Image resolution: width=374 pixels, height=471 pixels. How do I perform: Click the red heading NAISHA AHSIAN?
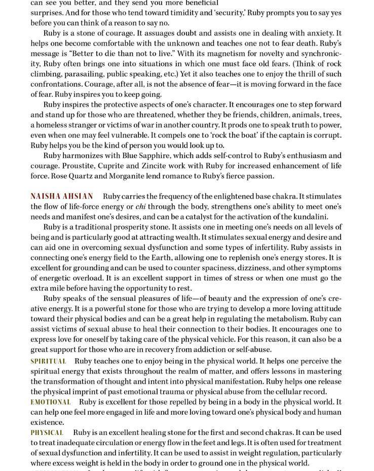(x=62, y=196)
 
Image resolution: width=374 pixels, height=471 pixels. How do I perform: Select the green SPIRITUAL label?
(x=48, y=361)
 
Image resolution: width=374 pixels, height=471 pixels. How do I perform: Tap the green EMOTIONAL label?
(x=51, y=402)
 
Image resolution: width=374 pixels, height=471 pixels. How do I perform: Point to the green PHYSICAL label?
(x=47, y=433)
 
